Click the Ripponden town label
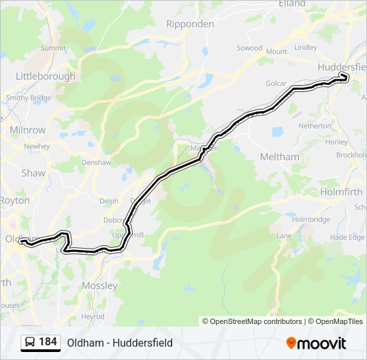coord(190,23)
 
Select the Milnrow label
coord(28,129)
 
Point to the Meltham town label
coord(279,156)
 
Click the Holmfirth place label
coord(341,192)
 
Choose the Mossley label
coord(99,285)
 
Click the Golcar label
coord(276,83)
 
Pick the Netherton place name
coord(314,125)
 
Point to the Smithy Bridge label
coord(28,97)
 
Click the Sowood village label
coord(250,48)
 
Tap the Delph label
coord(108,201)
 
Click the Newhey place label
coord(37,146)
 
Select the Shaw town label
coord(33,173)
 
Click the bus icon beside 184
coord(30,343)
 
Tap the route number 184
coord(47,342)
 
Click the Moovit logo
coord(316,343)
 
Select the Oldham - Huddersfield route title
coord(119,343)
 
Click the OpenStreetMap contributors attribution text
coord(256,321)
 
